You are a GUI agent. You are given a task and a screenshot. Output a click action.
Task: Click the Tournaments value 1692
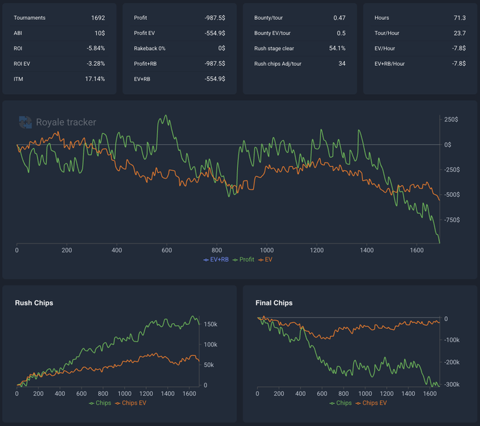click(x=98, y=18)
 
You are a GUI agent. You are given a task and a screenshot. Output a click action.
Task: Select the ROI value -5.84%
click(x=95, y=49)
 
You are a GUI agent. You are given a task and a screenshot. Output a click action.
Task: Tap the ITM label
click(x=19, y=79)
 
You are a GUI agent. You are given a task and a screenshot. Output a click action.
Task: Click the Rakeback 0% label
click(x=149, y=49)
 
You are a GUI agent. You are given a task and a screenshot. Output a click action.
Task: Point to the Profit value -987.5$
click(x=215, y=18)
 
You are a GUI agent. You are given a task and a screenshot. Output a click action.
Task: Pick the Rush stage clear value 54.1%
click(x=337, y=49)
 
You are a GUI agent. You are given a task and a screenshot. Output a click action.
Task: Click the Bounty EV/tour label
click(x=272, y=33)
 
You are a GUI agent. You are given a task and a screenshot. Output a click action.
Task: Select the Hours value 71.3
click(x=459, y=18)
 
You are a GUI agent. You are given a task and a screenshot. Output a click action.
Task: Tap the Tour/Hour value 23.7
click(x=459, y=33)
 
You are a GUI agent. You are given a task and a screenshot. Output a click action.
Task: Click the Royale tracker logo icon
click(x=25, y=122)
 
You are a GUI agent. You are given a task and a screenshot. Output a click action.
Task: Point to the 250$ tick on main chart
click(x=451, y=119)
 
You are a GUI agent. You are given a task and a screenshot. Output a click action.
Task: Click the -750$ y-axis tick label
click(x=452, y=220)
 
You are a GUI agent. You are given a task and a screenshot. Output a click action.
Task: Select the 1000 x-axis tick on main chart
click(x=267, y=250)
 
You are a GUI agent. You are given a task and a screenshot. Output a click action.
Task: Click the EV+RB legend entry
click(x=216, y=260)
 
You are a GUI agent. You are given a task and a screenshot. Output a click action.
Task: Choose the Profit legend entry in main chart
click(x=243, y=260)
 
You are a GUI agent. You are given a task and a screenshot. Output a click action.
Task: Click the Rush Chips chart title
click(x=34, y=303)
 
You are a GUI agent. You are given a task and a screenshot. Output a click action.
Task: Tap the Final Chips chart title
click(x=274, y=303)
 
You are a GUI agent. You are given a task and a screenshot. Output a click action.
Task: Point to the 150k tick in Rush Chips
click(x=211, y=324)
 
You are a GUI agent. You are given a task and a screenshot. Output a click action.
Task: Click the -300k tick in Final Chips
click(x=452, y=385)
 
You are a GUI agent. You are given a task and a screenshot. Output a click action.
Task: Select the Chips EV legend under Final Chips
click(x=372, y=403)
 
